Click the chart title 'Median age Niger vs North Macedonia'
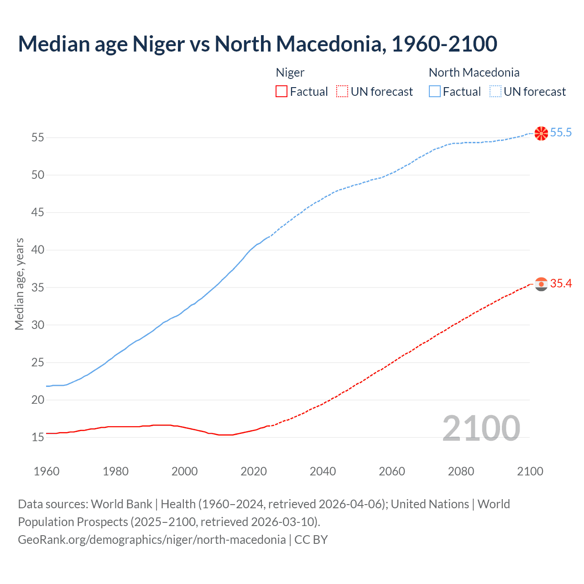tap(257, 44)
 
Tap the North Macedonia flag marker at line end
tap(541, 133)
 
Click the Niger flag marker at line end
tap(541, 284)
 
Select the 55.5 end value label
tap(561, 133)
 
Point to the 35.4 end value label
tap(561, 284)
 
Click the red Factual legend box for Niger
tap(282, 92)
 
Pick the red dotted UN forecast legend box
tap(342, 92)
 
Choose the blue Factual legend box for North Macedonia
tap(435, 92)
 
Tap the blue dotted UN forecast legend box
tap(495, 92)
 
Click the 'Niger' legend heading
tap(290, 73)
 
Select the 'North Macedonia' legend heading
tap(474, 73)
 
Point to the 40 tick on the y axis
tap(38, 250)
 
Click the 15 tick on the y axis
tap(38, 438)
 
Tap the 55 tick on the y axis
tap(38, 137)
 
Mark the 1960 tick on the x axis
tap(47, 471)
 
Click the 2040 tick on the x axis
tap(323, 471)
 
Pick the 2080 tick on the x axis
tap(461, 471)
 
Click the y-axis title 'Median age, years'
tap(19, 284)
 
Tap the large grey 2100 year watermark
tap(481, 428)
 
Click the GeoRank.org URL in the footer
tap(152, 540)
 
